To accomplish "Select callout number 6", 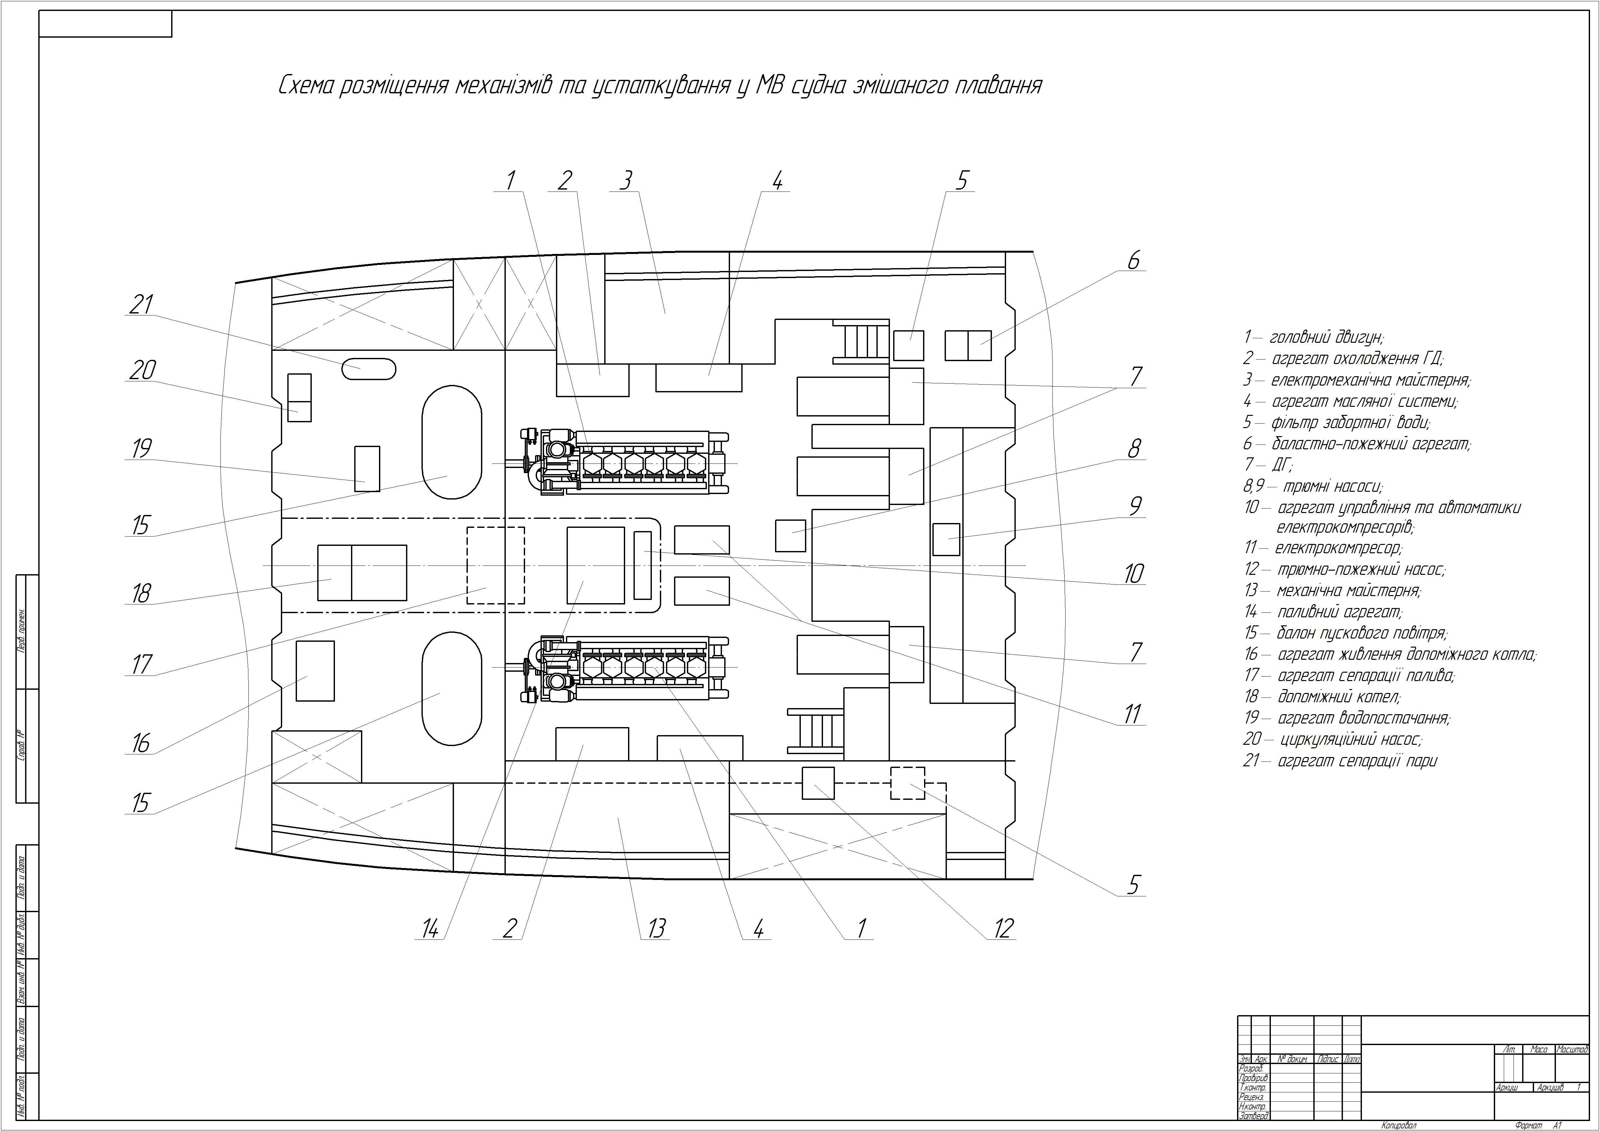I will [1133, 261].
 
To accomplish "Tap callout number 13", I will [656, 928].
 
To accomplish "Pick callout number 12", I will [1003, 928].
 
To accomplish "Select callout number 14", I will [430, 928].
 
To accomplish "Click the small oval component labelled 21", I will [369, 368].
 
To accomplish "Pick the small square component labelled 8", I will [790, 536].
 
